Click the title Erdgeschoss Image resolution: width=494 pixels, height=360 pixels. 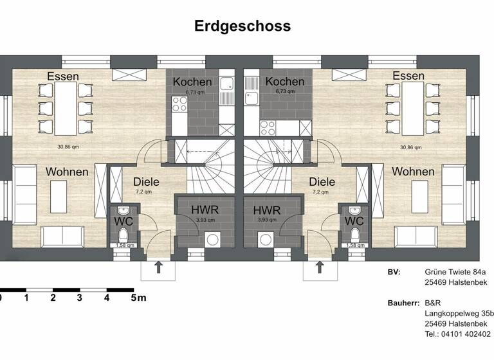242,26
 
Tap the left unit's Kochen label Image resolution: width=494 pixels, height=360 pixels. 192,82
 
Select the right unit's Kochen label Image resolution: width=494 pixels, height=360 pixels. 284,82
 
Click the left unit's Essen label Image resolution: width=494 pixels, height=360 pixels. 63,76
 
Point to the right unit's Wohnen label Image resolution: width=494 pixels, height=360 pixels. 413,172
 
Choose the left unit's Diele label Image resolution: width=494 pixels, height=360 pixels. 146,182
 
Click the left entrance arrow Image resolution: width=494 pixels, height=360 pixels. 158,267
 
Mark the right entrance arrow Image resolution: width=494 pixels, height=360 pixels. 318,267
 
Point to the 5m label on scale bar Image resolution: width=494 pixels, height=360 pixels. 138,298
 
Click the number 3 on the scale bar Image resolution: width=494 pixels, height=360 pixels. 79,298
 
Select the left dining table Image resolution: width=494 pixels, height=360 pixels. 63,107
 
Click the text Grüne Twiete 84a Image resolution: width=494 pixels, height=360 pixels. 456,272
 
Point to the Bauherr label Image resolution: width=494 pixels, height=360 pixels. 403,303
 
